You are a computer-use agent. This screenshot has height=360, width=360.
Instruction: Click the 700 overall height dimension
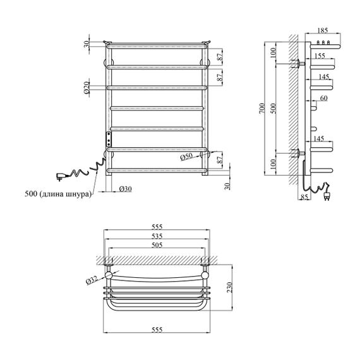tap(262, 108)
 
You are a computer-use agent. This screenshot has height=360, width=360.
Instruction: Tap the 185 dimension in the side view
tap(323, 30)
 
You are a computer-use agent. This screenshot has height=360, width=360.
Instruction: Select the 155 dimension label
tap(320, 56)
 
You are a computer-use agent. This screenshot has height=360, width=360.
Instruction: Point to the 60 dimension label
tap(323, 99)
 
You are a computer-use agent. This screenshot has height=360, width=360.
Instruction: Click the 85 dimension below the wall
tap(304, 197)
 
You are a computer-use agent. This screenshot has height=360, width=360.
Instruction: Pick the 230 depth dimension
tap(230, 287)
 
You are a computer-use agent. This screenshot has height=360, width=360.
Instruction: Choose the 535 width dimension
tap(157, 236)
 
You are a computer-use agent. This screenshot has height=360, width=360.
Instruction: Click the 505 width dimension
tap(157, 245)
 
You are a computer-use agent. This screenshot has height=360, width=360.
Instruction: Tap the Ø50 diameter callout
tap(186, 157)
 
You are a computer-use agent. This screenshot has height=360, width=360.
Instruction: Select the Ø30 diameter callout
tap(125, 189)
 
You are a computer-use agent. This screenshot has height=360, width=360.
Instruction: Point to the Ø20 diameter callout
tap(87, 88)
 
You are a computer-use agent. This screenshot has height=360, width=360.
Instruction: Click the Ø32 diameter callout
tap(92, 280)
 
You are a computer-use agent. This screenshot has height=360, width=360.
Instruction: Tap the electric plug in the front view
tap(61, 176)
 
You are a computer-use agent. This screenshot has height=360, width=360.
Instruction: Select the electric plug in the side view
tap(327, 196)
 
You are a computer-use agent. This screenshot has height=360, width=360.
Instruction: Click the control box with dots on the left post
tap(109, 139)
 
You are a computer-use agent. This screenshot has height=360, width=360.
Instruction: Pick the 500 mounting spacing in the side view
tap(273, 109)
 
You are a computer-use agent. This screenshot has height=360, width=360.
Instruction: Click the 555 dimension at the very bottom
tap(157, 330)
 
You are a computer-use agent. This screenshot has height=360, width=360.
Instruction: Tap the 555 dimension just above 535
tap(157, 227)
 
